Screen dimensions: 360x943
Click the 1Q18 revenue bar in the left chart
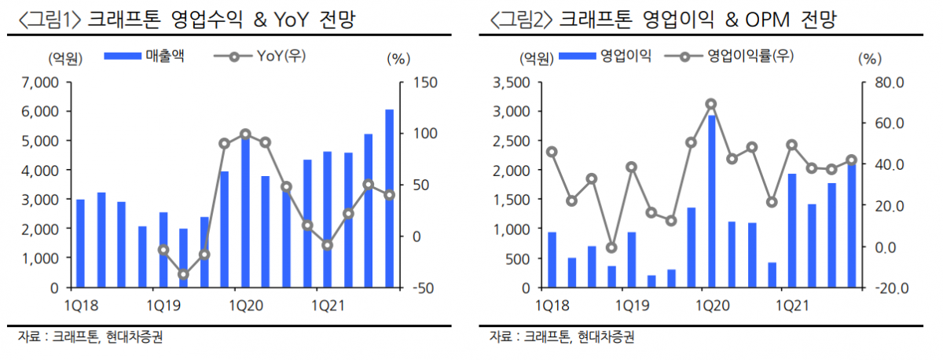(80, 244)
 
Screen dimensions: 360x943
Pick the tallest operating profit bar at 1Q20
(711, 201)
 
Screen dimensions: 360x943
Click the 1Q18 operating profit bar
(552, 260)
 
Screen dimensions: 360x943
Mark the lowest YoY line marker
(183, 274)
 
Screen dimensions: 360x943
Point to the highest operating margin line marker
(711, 104)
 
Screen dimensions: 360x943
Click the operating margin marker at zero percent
(611, 248)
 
